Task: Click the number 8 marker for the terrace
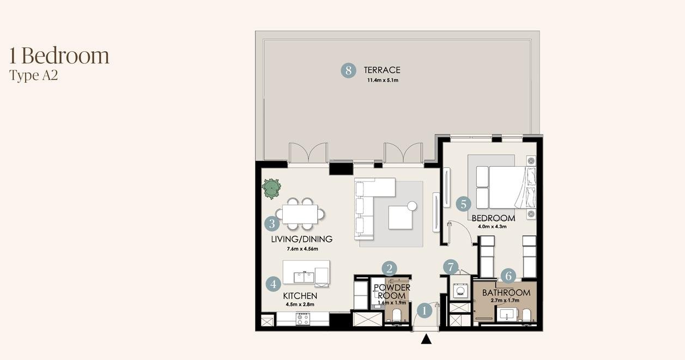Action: (x=348, y=70)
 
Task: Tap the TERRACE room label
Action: (x=382, y=70)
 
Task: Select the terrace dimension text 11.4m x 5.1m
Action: (x=383, y=81)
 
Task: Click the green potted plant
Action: (x=271, y=188)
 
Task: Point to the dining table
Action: (x=300, y=214)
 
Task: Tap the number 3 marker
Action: (x=272, y=224)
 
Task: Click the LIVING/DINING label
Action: (x=302, y=239)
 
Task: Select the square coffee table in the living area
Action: (x=401, y=218)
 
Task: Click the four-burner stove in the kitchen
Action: (x=303, y=319)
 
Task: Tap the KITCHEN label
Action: (x=300, y=296)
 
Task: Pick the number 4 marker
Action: (x=274, y=284)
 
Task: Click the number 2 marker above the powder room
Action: (x=389, y=269)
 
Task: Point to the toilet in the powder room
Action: (x=397, y=315)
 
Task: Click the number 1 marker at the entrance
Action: (x=425, y=311)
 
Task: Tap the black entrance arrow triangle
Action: (x=426, y=339)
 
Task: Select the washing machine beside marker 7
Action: (x=460, y=290)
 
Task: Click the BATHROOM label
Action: (x=506, y=293)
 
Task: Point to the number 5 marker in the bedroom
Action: (x=463, y=204)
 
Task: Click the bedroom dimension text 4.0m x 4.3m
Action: (x=492, y=227)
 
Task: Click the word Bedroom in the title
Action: (x=65, y=56)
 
